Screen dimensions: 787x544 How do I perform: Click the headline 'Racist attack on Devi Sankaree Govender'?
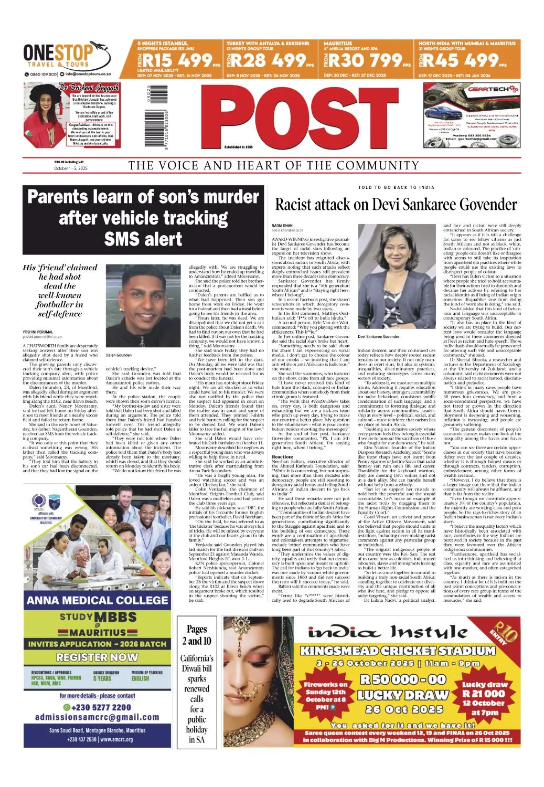click(x=396, y=204)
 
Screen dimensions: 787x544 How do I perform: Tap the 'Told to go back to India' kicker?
click(x=396, y=187)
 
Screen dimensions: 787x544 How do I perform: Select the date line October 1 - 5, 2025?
click(x=71, y=168)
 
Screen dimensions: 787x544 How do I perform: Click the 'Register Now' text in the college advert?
click(x=97, y=657)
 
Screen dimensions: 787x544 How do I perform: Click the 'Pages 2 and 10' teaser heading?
click(x=197, y=634)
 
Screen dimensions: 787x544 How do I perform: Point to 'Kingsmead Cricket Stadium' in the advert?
click(x=398, y=651)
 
